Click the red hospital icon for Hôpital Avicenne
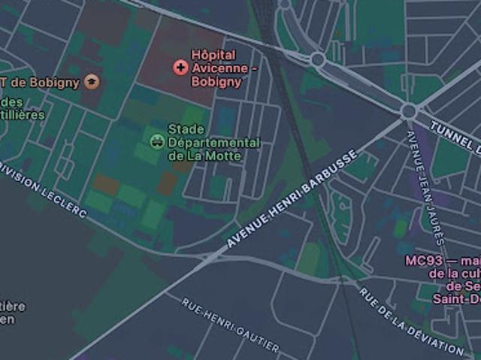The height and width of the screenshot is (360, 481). (x=180, y=68)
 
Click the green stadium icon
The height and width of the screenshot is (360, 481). (x=156, y=138)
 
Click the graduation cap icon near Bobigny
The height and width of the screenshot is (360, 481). (x=92, y=81)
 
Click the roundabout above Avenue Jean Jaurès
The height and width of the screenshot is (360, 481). (x=409, y=111)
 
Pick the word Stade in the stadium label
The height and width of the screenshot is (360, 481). (x=186, y=129)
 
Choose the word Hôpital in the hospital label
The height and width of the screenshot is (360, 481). (x=213, y=55)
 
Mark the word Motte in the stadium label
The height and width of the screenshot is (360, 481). (x=225, y=156)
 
